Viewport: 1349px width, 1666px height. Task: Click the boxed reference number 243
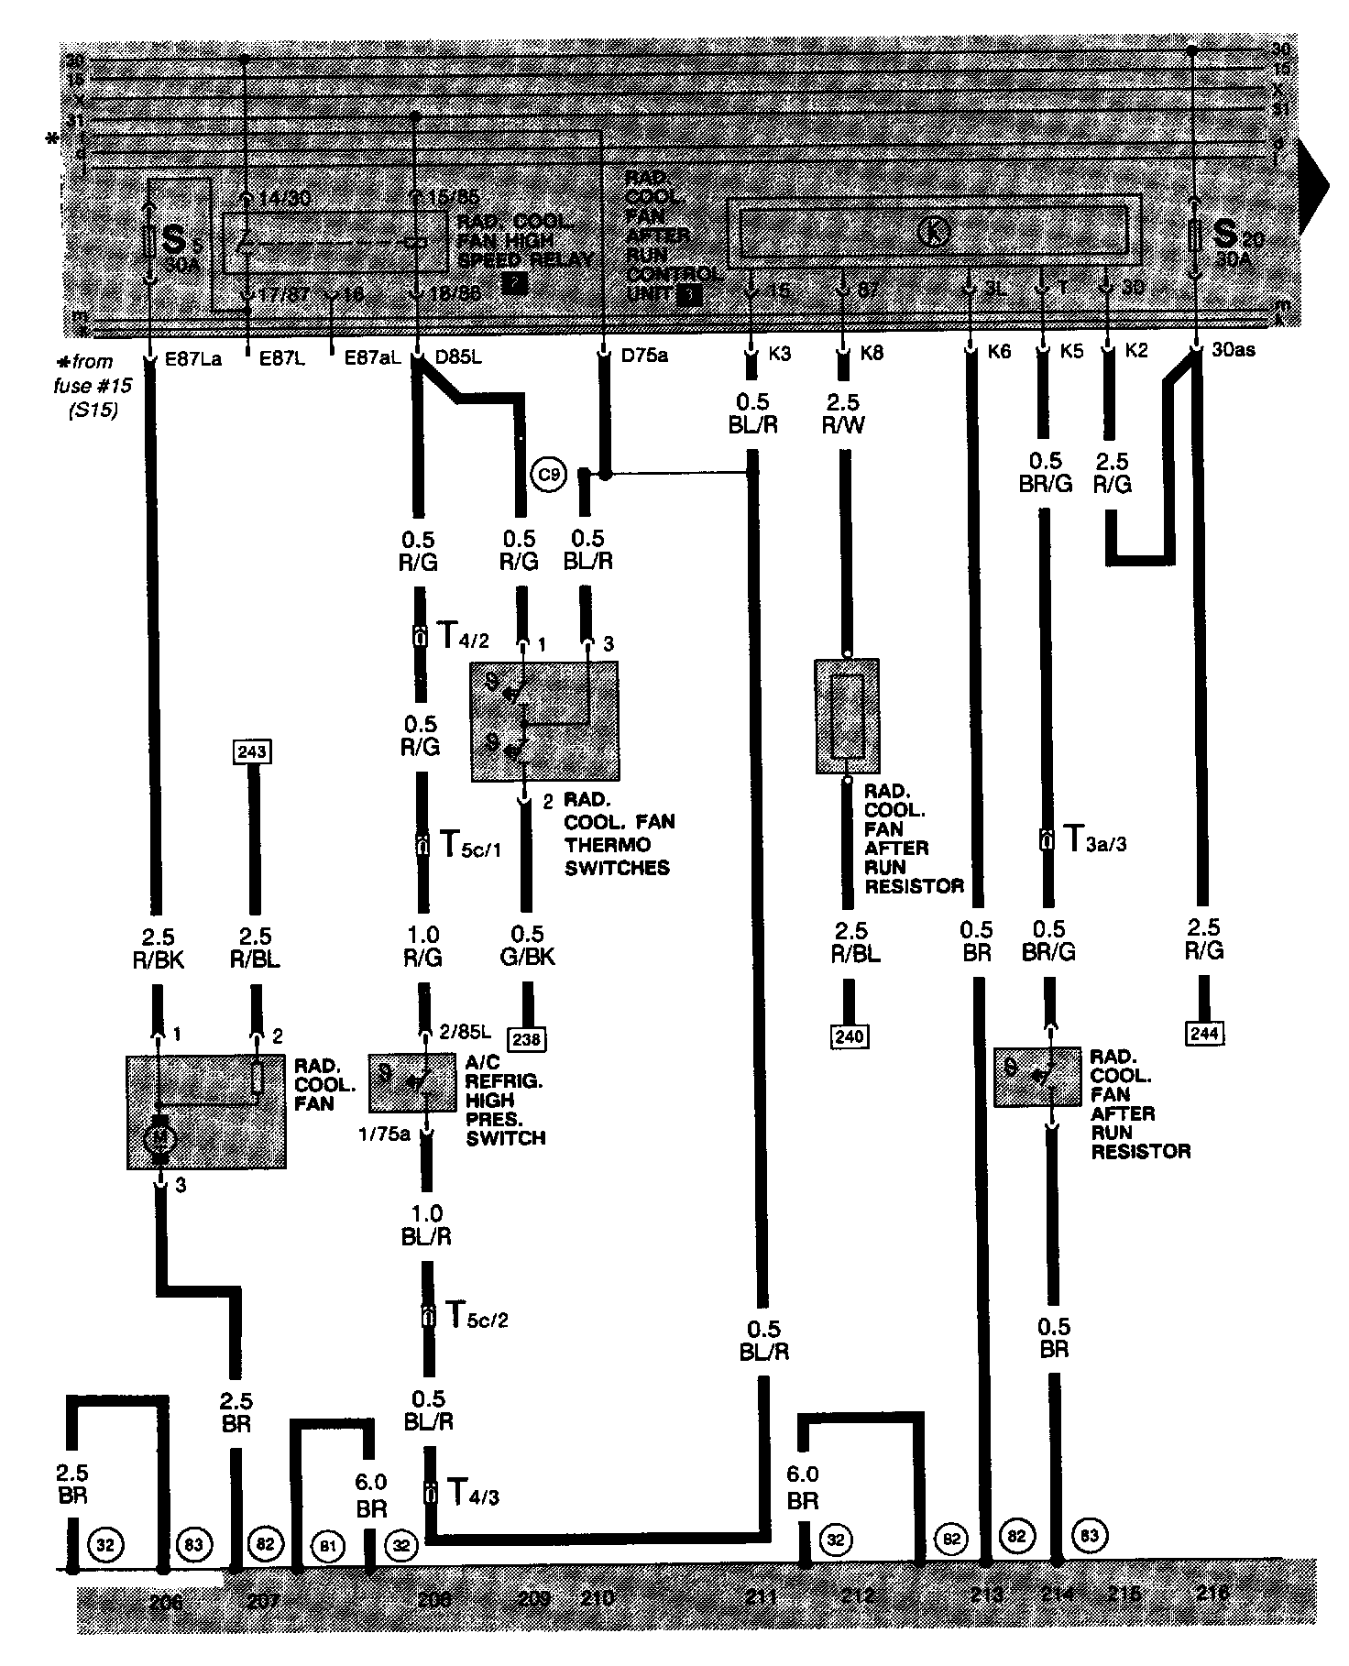252,751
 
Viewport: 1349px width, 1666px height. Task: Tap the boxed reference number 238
527,1039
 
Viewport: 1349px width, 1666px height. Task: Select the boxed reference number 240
850,1036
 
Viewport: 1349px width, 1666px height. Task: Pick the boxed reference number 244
1204,1034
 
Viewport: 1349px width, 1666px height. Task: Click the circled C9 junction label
549,475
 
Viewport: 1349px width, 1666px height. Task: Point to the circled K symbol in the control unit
935,234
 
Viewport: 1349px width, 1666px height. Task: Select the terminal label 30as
1234,349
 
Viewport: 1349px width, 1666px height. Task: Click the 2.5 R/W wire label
843,413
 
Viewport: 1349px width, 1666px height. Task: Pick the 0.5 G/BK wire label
527,946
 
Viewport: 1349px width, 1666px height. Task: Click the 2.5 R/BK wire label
158,948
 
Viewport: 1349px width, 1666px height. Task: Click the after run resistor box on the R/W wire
847,716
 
